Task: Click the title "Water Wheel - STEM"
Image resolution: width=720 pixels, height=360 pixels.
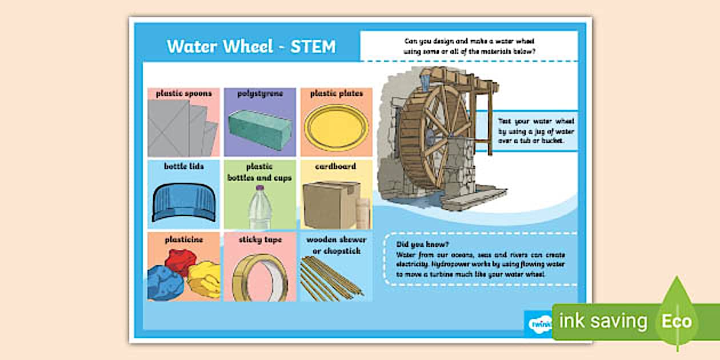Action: [251, 46]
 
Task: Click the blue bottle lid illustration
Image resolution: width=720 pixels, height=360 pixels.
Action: [183, 202]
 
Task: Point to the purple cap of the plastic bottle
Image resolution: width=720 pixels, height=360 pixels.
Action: [259, 187]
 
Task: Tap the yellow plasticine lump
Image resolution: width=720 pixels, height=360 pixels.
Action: [204, 278]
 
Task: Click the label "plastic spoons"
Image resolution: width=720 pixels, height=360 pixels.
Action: [183, 93]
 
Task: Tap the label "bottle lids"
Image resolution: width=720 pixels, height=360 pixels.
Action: [183, 166]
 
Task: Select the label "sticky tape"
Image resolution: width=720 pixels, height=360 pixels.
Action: [260, 239]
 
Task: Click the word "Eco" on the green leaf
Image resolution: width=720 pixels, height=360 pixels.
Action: [677, 321]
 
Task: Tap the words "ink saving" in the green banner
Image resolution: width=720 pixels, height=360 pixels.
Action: [602, 321]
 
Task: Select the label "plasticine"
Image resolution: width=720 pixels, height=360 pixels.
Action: [183, 239]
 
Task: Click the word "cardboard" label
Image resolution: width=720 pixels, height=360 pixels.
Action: [335, 166]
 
